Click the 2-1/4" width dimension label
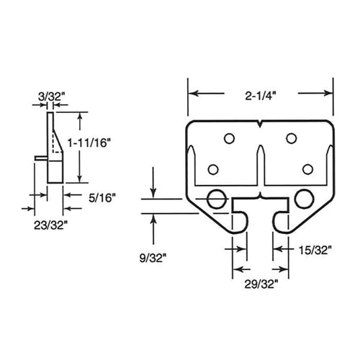(260, 93)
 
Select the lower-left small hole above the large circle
(212, 169)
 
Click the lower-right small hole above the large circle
(307, 169)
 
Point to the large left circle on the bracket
(215, 199)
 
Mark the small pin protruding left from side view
(39, 159)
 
